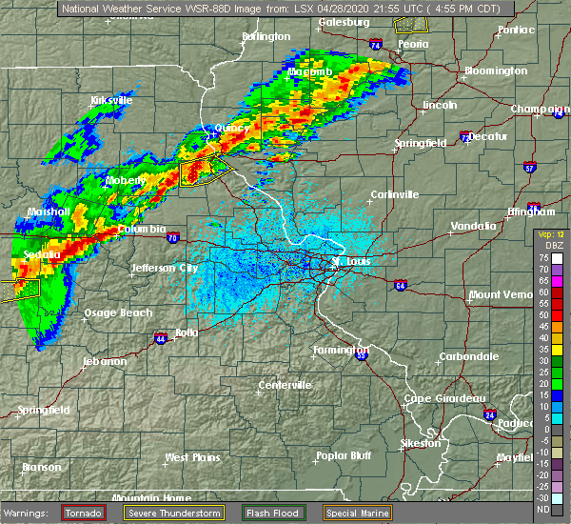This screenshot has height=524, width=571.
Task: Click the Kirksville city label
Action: point(110,100)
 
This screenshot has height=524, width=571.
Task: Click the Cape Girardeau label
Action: point(445,397)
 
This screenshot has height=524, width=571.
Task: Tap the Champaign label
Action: point(539,109)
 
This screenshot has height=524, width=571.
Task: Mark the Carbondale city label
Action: point(467,356)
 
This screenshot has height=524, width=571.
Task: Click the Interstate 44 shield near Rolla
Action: point(158,337)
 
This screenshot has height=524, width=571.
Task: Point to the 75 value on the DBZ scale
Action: point(543,257)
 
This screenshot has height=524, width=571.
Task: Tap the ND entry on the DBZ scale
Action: point(543,508)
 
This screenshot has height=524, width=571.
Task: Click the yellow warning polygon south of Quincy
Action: point(203,172)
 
